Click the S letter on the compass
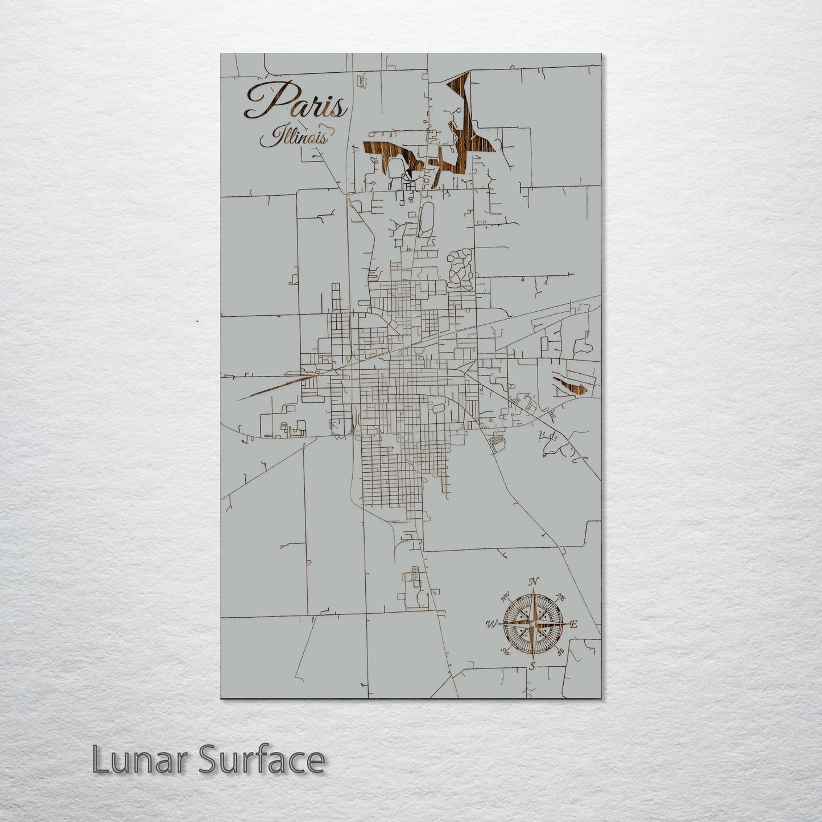tap(532, 666)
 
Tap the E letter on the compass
tap(574, 625)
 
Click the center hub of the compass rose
tap(532, 624)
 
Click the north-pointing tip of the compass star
tap(533, 592)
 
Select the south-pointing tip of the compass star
tap(532, 657)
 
